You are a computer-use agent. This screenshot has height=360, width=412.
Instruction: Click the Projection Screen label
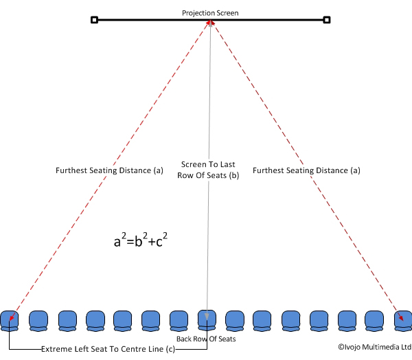[x=210, y=13]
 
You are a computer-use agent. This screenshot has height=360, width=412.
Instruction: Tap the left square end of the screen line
[x=94, y=20]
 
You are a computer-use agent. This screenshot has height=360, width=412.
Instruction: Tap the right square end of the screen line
[x=327, y=20]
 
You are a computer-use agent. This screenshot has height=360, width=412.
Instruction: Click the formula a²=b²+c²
[x=141, y=240]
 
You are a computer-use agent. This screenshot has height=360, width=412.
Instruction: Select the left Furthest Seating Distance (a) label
[x=109, y=170]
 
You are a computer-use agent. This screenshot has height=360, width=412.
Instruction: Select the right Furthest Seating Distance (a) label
[x=306, y=170]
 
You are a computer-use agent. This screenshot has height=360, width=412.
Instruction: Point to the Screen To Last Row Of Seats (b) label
[x=208, y=170]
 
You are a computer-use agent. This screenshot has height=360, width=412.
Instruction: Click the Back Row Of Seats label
[x=206, y=339]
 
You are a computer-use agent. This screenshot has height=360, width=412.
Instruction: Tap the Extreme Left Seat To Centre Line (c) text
[x=108, y=349]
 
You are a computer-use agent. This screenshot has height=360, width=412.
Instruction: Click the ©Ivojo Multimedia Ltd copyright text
[x=375, y=347]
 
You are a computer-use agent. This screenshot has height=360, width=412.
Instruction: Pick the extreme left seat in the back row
[x=10, y=321]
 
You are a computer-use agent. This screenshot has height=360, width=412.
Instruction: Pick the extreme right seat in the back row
[x=403, y=321]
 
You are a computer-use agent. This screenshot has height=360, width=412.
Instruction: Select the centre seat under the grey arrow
[x=207, y=320]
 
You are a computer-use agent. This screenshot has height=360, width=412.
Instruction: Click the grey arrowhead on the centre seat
[x=207, y=317]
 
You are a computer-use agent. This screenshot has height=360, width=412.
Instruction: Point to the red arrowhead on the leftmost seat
[x=12, y=317]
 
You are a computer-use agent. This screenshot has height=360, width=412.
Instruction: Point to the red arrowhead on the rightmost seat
[x=401, y=317]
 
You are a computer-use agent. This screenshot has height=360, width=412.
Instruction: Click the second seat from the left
[x=38, y=321]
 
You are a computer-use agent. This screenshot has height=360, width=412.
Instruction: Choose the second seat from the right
[x=374, y=321]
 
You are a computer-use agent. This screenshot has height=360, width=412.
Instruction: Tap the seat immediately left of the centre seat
[x=179, y=321]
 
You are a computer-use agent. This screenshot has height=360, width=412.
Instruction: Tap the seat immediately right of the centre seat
[x=235, y=321]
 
